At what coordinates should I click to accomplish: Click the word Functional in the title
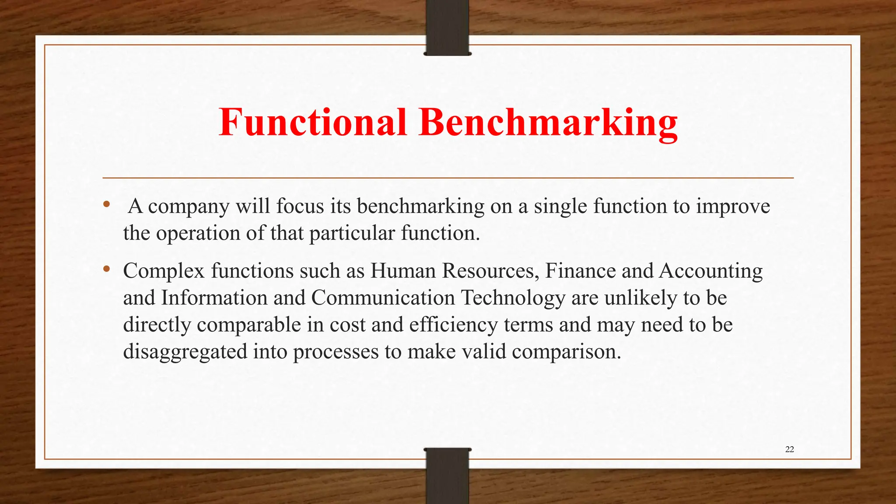[x=313, y=122]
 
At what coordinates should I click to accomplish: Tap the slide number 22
[x=789, y=449]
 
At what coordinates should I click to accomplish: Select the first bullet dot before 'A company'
[x=106, y=204]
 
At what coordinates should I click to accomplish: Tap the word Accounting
[x=710, y=272]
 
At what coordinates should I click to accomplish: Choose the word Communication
[x=383, y=298]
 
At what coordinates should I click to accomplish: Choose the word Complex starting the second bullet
[x=164, y=272]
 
